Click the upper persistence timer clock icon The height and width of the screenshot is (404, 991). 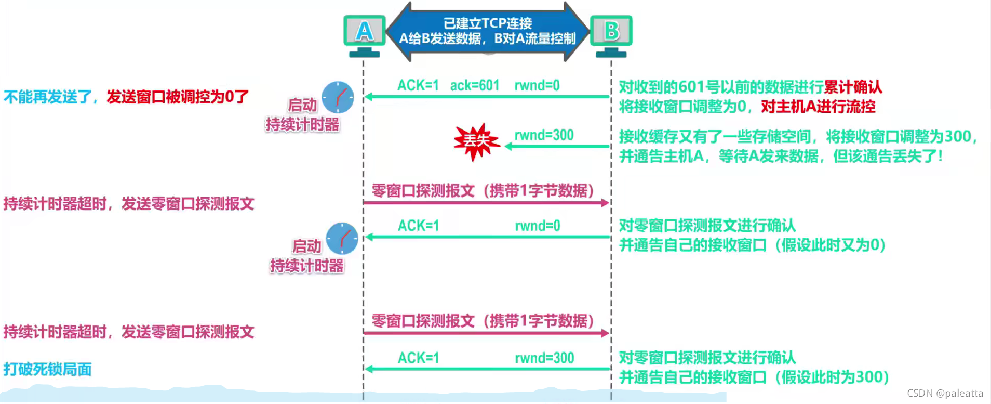338,97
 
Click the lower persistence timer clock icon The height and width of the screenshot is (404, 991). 342,239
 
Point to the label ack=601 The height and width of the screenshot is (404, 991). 474,85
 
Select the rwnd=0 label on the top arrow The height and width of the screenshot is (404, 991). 537,85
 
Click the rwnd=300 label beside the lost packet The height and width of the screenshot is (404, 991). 544,135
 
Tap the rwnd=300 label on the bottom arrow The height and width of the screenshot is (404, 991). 544,358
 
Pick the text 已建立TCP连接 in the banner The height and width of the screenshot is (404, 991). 487,23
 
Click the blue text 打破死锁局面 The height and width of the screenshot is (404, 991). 48,369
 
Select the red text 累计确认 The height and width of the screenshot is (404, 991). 853,87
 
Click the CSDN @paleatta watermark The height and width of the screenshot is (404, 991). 945,394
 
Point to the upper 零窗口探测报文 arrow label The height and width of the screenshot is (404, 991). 483,191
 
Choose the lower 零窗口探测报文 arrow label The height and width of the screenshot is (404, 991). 483,321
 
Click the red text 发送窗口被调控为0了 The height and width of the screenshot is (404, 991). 178,97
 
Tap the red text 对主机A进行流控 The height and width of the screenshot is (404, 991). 818,107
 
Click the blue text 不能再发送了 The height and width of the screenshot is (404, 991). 48,97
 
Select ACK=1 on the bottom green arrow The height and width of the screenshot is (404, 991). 418,358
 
